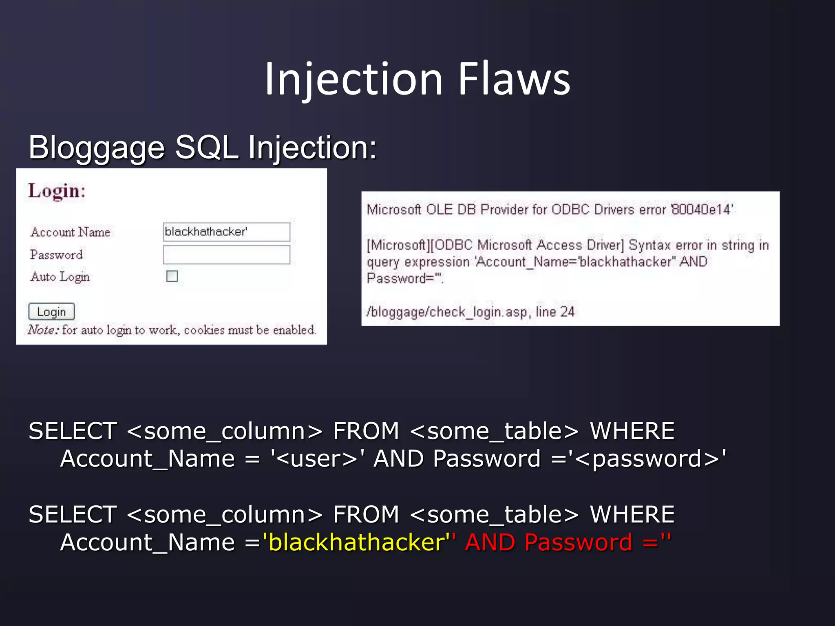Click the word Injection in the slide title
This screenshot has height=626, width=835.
(353, 79)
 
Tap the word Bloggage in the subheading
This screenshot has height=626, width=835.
(96, 148)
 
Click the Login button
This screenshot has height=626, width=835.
(51, 312)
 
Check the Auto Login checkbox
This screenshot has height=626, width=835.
(172, 276)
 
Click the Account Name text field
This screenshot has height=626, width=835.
(226, 232)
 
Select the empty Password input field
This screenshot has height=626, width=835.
(226, 255)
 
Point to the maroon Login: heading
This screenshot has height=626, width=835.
(57, 191)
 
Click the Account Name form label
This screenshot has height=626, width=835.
(70, 232)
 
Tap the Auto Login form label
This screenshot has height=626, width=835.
(60, 277)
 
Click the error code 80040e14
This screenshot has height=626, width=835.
(702, 209)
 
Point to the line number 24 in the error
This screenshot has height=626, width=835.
(567, 312)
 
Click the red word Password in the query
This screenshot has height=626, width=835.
(578, 542)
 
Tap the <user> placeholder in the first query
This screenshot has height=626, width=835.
(317, 459)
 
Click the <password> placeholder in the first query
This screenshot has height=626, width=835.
(648, 459)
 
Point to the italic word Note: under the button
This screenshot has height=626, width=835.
(44, 330)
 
